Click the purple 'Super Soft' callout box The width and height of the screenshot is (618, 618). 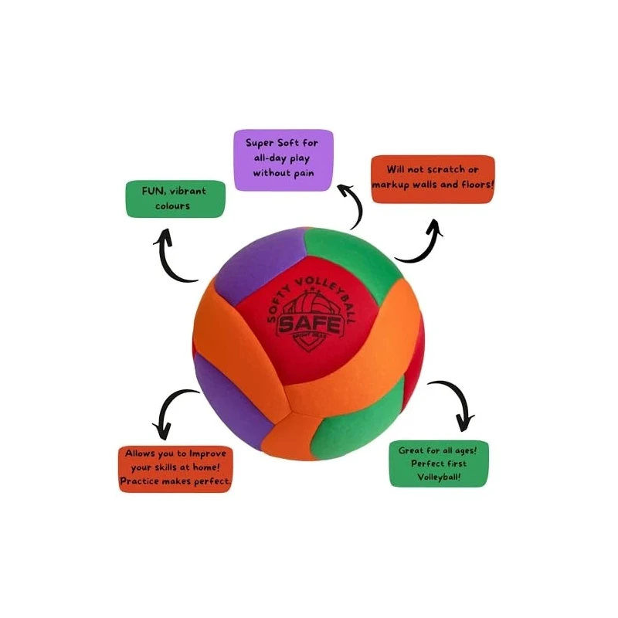(x=284, y=159)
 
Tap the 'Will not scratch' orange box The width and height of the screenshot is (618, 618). (x=433, y=178)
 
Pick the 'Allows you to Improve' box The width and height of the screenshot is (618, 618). (x=176, y=467)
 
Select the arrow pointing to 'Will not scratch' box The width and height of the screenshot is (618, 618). (x=421, y=242)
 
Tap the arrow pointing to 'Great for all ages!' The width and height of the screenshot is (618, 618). (x=452, y=402)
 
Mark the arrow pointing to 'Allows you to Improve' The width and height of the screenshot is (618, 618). (x=174, y=409)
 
